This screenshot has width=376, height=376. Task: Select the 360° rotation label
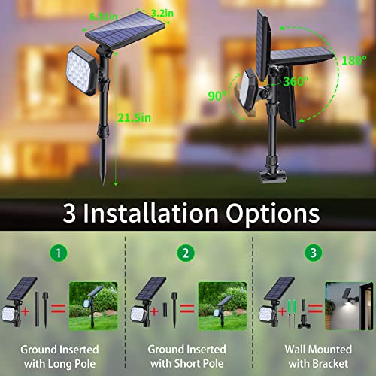[287, 83]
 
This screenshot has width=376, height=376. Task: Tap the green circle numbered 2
[187, 253]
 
